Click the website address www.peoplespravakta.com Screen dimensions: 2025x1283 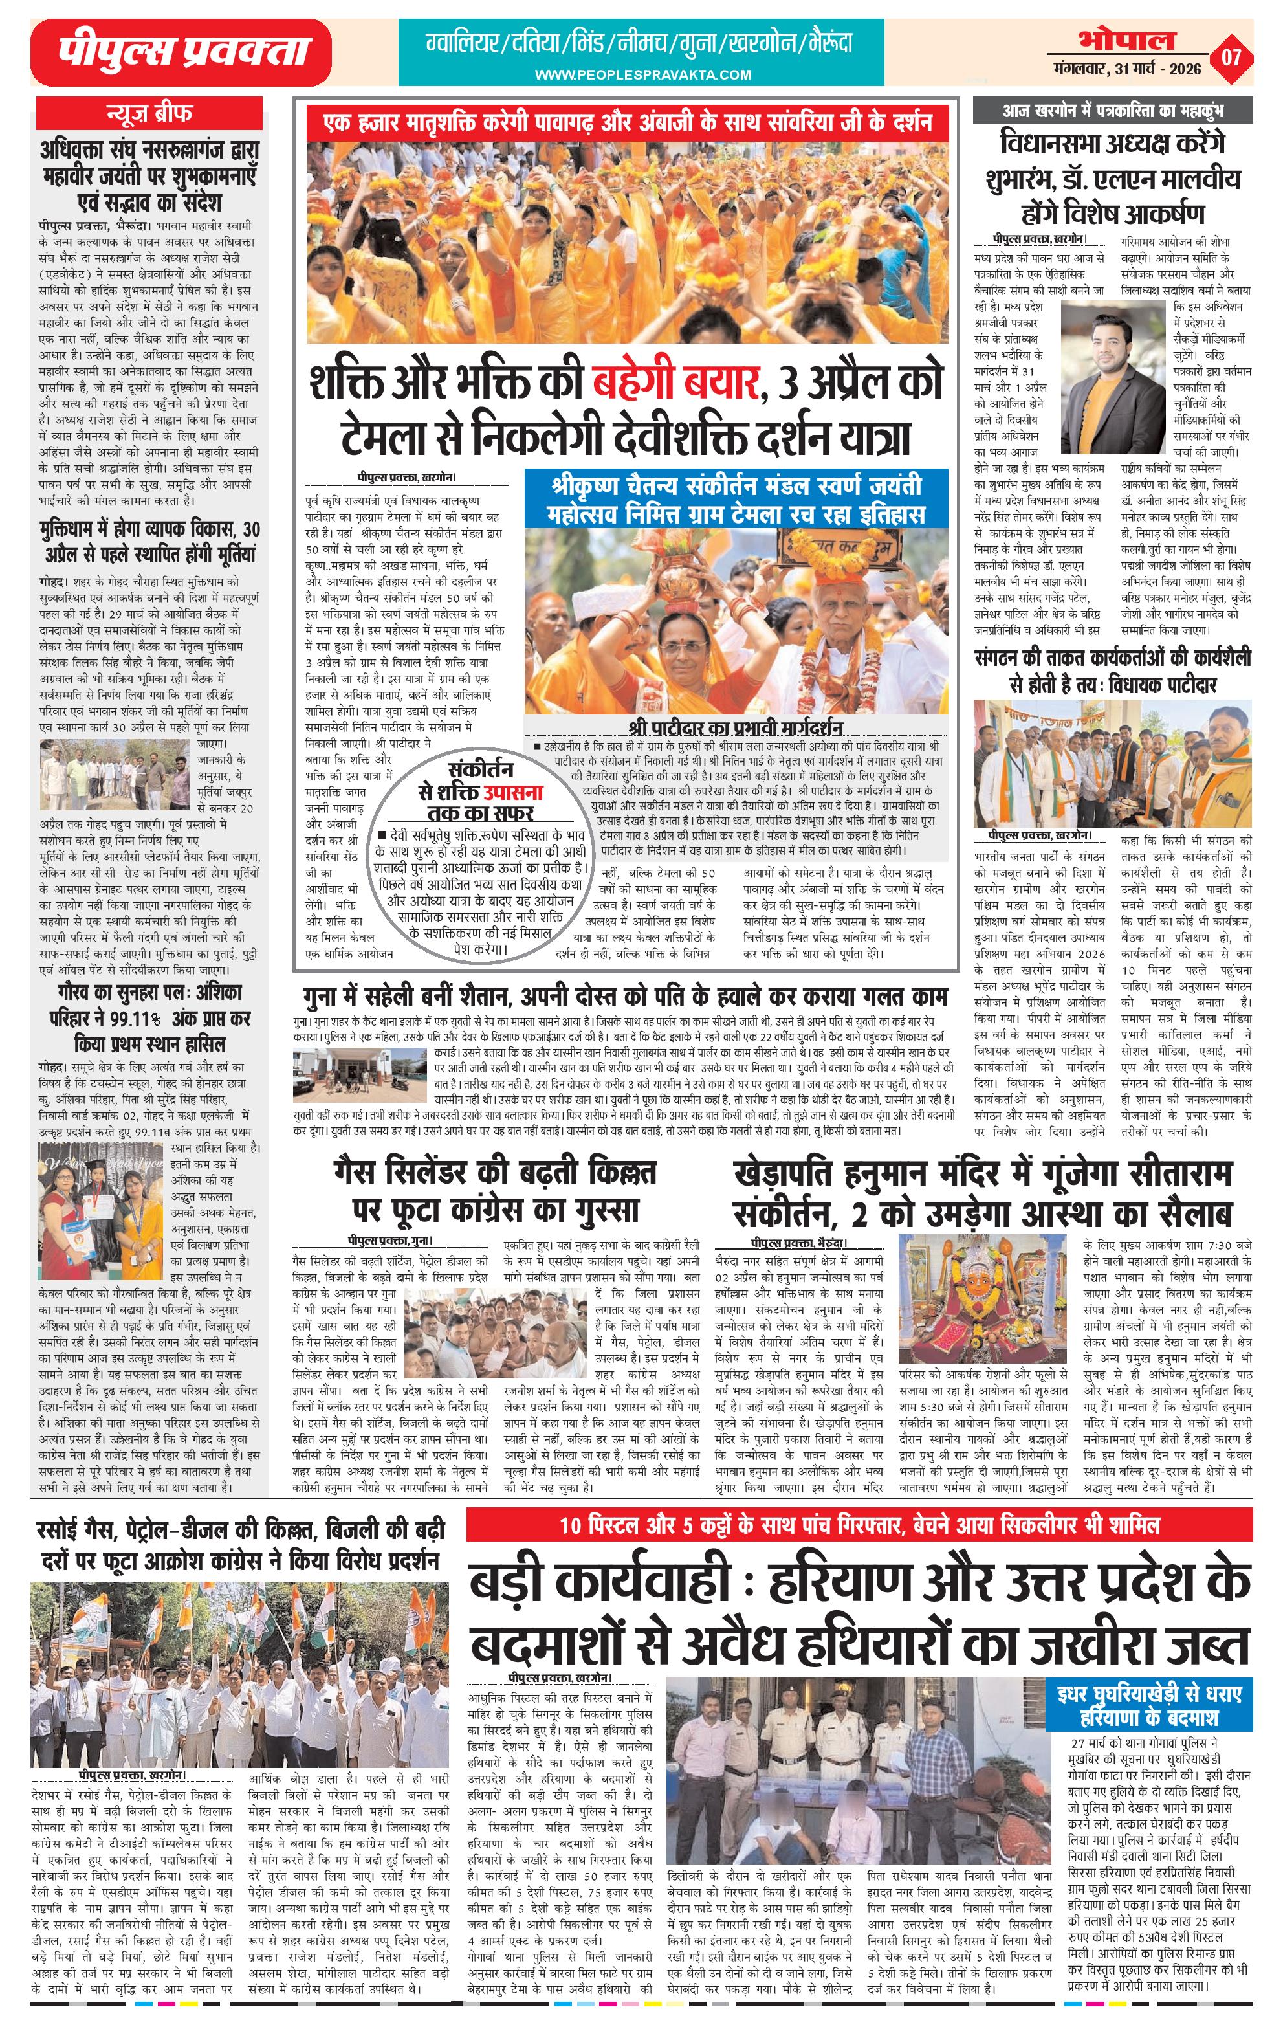[643, 75]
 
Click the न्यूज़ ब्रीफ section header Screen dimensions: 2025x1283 [149, 112]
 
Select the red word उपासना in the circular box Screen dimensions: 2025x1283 [513, 792]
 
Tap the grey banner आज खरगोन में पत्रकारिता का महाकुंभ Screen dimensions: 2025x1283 [1112, 110]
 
